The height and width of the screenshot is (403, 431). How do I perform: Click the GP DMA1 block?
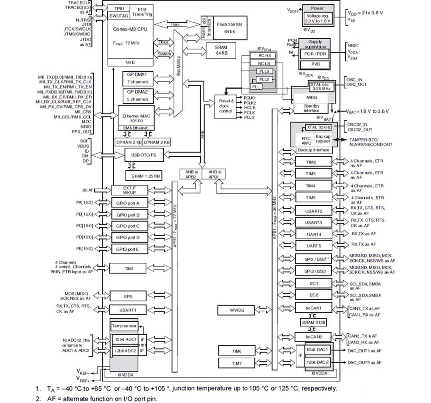pyautogui.click(x=137, y=78)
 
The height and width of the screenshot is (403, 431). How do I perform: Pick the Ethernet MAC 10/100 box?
pyautogui.click(x=137, y=118)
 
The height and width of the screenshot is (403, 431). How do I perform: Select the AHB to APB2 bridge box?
pyautogui.click(x=191, y=174)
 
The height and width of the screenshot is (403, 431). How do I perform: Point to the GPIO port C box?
pyautogui.click(x=128, y=226)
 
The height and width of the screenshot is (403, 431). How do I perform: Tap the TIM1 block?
pyautogui.click(x=129, y=269)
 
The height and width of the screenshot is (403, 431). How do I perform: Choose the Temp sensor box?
pyautogui.click(x=124, y=326)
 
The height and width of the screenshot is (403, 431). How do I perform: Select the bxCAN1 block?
pyautogui.click(x=313, y=308)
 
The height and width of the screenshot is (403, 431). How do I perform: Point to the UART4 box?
pyautogui.click(x=313, y=234)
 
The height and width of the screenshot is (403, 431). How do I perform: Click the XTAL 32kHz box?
pyautogui.click(x=318, y=127)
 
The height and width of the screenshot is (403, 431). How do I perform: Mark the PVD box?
pyautogui.click(x=315, y=64)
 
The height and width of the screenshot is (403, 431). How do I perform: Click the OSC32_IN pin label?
pyautogui.click(x=357, y=124)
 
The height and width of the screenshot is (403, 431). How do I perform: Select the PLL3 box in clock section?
pyautogui.click(x=264, y=71)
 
